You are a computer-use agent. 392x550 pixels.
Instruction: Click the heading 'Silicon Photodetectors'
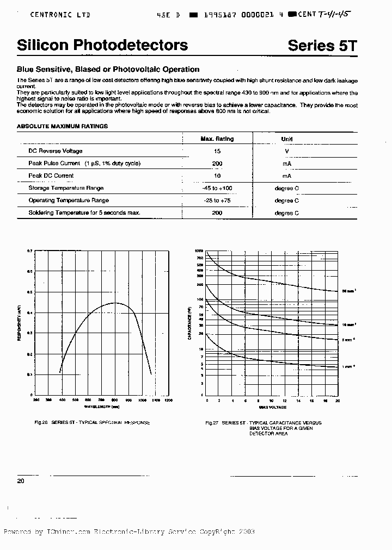(x=102, y=46)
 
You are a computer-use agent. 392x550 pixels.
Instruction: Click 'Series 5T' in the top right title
(x=322, y=46)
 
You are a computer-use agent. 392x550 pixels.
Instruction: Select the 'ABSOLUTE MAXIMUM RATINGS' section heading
(x=62, y=126)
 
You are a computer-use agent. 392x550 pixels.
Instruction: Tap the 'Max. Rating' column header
(x=217, y=139)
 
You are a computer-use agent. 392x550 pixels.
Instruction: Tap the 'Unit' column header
(x=286, y=139)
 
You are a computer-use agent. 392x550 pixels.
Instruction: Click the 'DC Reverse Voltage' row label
(x=56, y=151)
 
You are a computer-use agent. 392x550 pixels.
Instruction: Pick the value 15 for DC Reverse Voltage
(x=217, y=151)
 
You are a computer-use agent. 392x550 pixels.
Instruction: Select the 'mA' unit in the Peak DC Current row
(x=286, y=176)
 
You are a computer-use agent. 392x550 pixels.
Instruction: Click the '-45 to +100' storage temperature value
(x=217, y=188)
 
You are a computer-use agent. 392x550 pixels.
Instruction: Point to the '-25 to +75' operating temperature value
(x=217, y=201)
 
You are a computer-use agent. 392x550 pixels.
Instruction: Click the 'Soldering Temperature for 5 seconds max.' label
(x=84, y=212)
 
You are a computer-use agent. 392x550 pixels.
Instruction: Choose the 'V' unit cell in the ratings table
(x=286, y=151)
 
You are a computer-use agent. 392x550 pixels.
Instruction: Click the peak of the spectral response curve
(x=115, y=303)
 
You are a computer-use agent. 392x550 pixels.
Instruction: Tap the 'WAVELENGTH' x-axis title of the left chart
(x=101, y=406)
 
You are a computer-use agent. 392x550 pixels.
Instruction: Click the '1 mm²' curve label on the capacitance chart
(x=349, y=367)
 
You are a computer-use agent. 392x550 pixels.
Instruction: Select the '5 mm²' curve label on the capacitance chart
(x=349, y=340)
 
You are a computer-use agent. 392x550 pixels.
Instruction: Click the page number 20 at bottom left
(x=21, y=481)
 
